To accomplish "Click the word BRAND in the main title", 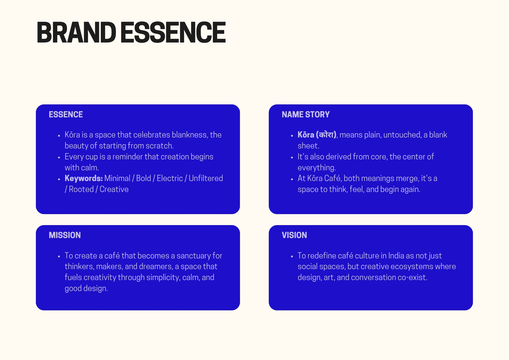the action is (77, 32).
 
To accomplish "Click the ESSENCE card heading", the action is (66, 115).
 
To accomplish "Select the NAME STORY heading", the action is (306, 115).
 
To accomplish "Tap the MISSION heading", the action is (65, 235).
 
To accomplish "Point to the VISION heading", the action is (294, 235).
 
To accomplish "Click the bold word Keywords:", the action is (84, 178).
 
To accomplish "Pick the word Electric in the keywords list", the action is (170, 178).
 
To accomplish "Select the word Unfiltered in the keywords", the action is (206, 178).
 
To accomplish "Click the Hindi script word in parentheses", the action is (326, 134).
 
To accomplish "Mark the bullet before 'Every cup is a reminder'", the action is (59, 158).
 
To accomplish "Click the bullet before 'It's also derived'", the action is (292, 158).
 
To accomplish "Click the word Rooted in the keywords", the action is (81, 189).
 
